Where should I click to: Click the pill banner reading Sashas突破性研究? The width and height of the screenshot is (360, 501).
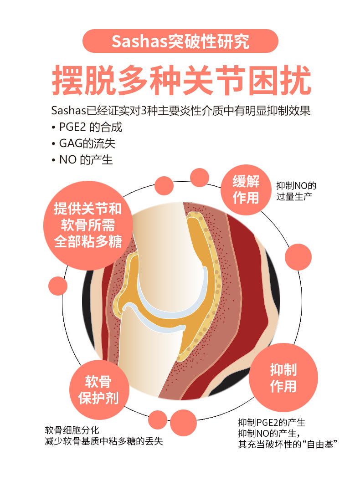pos(180,41)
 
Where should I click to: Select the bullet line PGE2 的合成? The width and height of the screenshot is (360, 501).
pos(89,127)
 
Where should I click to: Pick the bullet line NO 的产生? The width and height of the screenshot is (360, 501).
pos(84,160)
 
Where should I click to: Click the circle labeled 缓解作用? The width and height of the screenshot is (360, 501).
pos(246,190)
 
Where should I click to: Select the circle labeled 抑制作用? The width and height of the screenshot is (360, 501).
pos(283,378)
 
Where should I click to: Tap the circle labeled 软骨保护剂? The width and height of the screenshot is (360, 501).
pos(98,390)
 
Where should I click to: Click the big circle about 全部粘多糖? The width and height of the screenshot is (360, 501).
pos(88,225)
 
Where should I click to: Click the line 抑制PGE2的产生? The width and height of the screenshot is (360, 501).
pos(272,422)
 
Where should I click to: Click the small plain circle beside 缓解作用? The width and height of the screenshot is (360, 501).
pos(199,178)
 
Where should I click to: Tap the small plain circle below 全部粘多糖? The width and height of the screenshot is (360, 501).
pos(58,286)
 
